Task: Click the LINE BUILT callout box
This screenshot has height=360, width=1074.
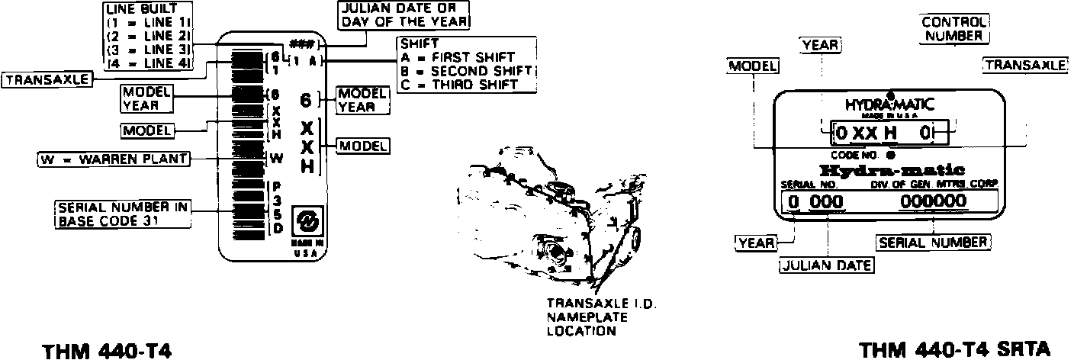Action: (x=150, y=36)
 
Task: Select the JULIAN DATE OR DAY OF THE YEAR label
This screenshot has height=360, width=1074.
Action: (x=404, y=14)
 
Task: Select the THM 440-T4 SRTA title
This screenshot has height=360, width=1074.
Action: (x=954, y=349)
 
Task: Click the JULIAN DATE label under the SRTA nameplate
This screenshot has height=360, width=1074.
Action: (x=827, y=265)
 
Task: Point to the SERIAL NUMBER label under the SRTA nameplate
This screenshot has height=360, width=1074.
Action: (x=933, y=243)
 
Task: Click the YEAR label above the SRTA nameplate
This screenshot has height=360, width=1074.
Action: (x=821, y=46)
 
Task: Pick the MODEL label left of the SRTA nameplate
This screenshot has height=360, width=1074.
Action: (x=753, y=66)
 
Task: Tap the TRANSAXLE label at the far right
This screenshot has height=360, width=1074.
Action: (x=1025, y=65)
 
